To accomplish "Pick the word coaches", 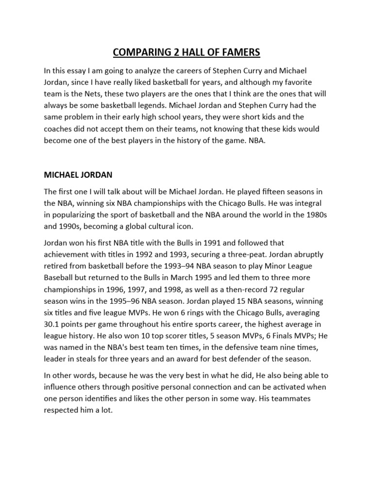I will (59, 129).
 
